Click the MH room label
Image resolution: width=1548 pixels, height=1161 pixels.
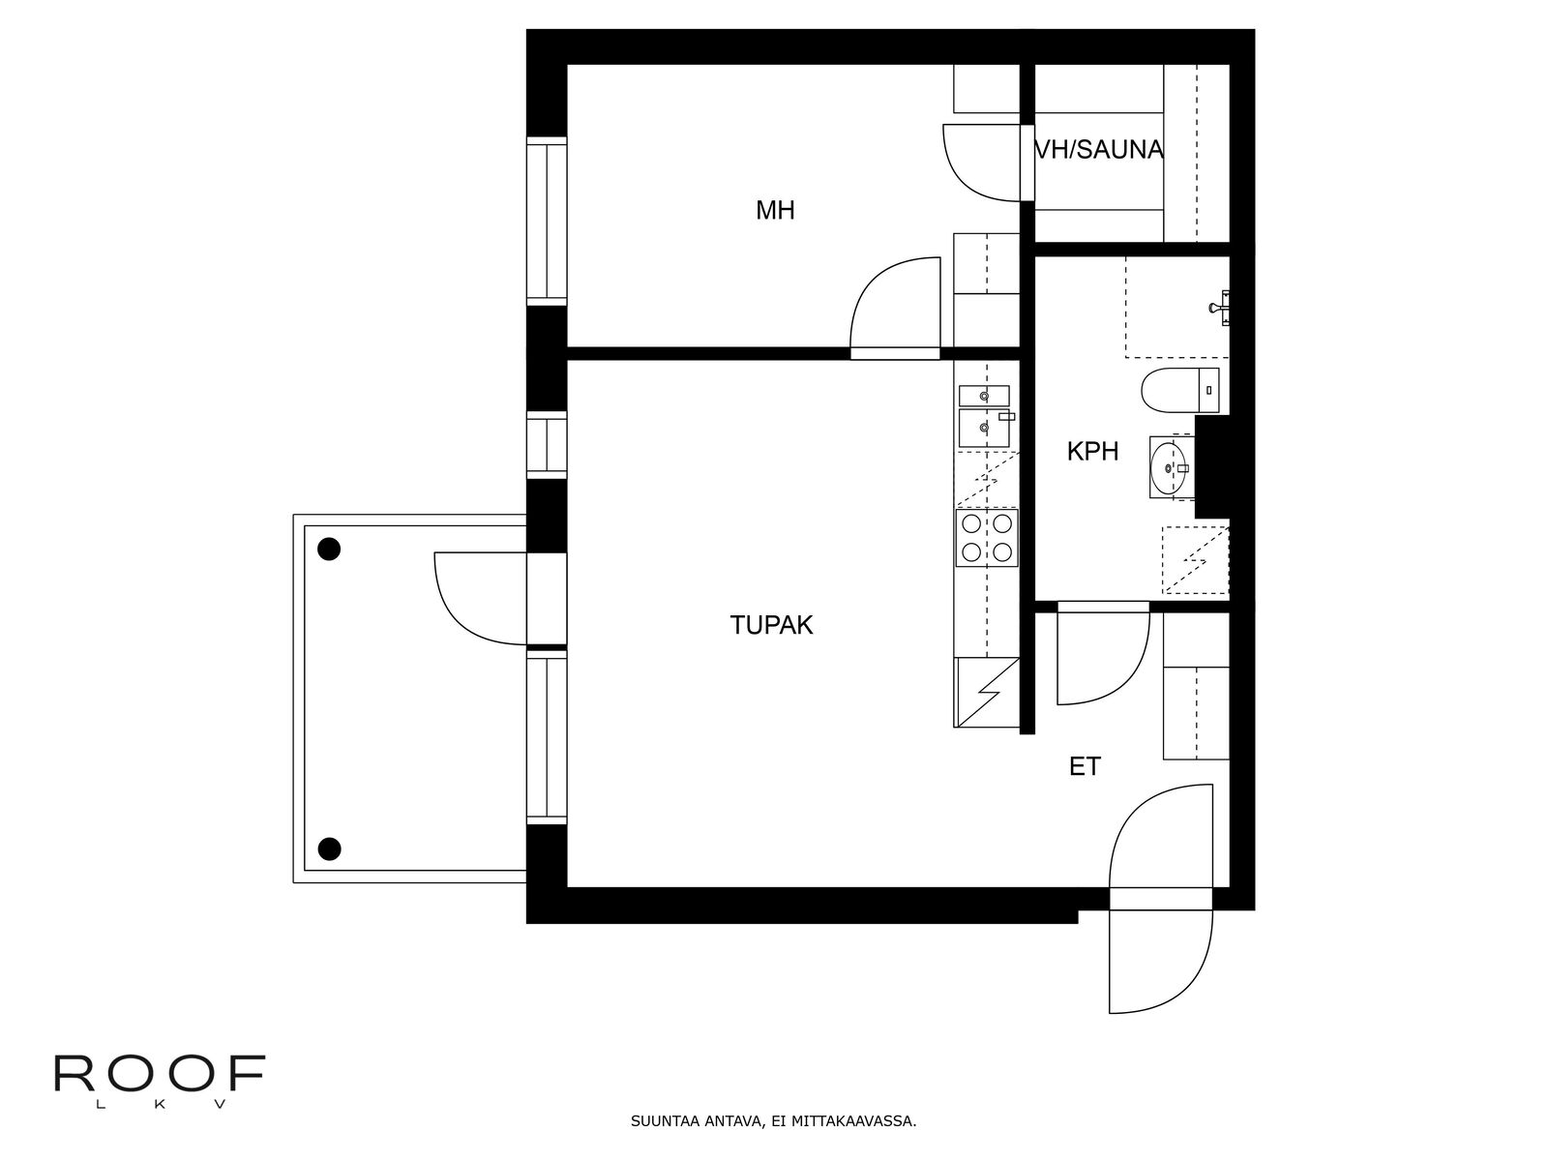point(775,210)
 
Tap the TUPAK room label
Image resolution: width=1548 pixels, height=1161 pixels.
point(771,625)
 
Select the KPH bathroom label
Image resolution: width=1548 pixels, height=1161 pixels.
point(1092,451)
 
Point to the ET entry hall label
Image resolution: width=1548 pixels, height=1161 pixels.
point(1085,767)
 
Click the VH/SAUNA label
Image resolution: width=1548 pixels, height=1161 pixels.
point(1098,150)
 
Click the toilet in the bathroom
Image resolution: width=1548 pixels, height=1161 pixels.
point(1180,390)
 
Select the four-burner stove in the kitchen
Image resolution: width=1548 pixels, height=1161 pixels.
point(986,538)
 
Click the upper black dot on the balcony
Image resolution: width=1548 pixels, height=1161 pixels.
point(330,550)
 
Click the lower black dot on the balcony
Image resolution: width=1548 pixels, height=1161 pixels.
point(330,849)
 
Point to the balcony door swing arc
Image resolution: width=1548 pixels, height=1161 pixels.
point(474,600)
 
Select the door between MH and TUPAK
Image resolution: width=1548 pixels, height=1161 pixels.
point(895,305)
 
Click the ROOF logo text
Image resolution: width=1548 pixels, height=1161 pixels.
point(160,1075)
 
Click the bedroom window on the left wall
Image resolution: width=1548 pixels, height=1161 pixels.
point(547,223)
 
